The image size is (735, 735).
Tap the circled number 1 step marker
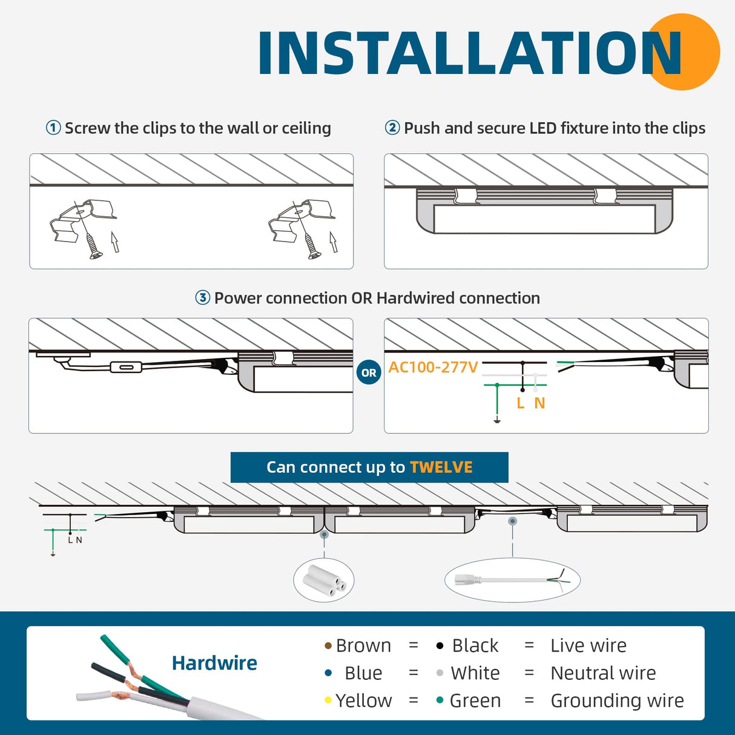point(53,128)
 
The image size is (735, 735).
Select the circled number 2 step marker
point(392,128)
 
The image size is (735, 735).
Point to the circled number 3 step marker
point(202,298)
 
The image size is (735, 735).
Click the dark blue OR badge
point(369,373)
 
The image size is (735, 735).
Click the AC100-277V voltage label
point(433,367)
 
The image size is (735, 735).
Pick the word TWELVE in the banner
point(441,467)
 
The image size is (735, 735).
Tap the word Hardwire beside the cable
point(214,663)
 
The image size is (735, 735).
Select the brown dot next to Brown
point(328,646)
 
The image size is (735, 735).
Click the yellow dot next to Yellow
point(328,700)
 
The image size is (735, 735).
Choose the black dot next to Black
point(440,646)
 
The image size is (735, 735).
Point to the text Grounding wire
point(617,700)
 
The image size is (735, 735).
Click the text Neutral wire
point(603,673)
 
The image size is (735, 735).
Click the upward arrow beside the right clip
point(333,242)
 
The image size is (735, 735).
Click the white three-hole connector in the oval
point(325,580)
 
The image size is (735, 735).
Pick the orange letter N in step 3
point(539,403)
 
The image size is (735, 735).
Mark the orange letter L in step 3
point(521,403)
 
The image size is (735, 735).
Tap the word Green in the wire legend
point(475,700)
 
